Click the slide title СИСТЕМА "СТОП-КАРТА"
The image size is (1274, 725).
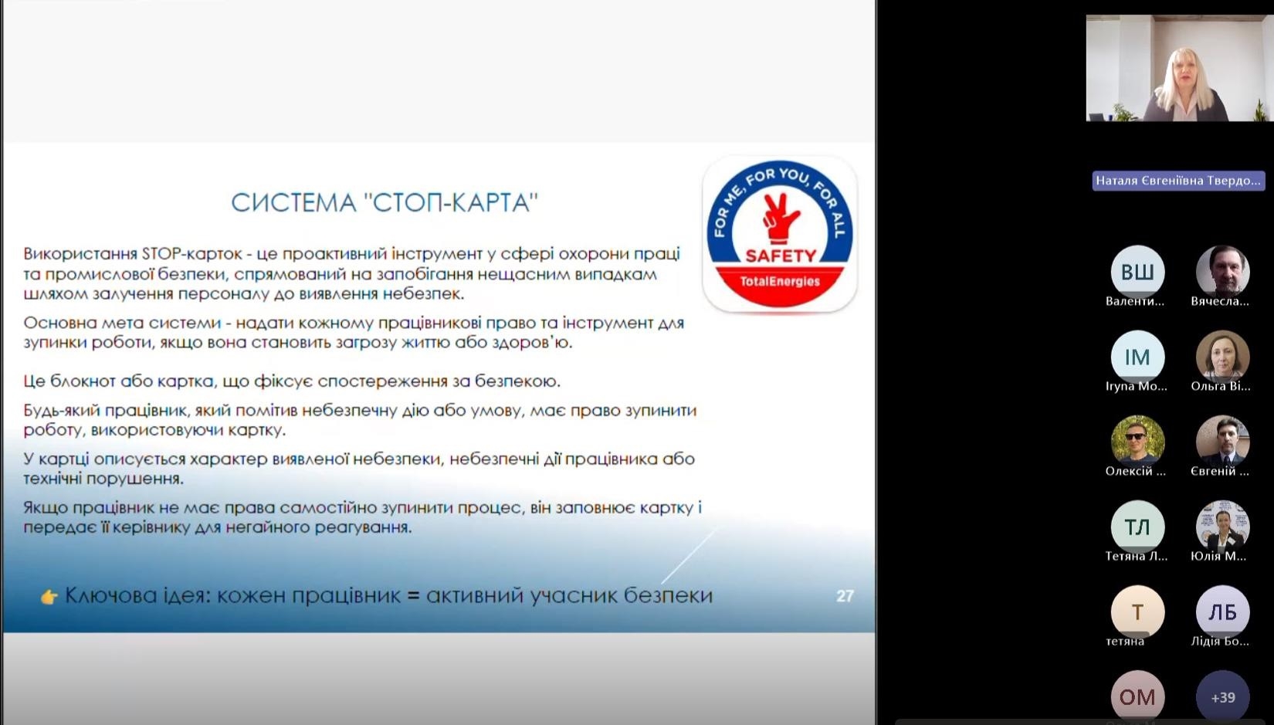[385, 203]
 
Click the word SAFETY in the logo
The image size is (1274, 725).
[781, 256]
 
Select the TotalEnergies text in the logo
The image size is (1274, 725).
[780, 282]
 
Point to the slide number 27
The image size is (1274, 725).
[845, 596]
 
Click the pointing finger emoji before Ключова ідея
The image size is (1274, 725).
[49, 597]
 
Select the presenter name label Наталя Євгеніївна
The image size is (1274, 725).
[1178, 181]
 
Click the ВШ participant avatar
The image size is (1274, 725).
[1137, 272]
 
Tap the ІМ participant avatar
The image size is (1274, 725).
[1137, 357]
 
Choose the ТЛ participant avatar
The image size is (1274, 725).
[1137, 527]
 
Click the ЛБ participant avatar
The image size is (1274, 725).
[1223, 612]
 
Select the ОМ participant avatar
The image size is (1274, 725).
[1137, 697]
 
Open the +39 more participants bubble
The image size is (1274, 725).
[1223, 697]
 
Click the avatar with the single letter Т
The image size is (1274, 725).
[1137, 612]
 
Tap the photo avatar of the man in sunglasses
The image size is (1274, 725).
[1137, 442]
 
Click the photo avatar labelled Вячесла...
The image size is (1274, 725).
[1223, 272]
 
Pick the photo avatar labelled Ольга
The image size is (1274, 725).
[1223, 357]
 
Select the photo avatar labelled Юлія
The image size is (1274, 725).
[1223, 527]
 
